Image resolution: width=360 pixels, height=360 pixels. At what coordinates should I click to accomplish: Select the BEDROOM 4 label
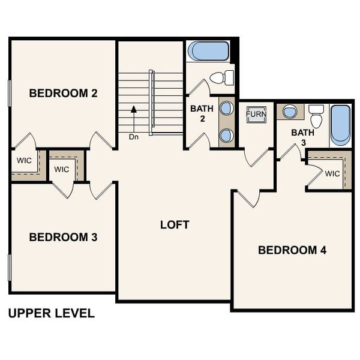292,250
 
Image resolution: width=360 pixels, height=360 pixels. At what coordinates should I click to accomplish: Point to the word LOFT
175,225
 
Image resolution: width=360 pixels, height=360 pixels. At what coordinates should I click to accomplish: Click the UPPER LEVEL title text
51,313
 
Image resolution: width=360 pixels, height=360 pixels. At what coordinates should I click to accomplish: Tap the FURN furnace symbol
256,114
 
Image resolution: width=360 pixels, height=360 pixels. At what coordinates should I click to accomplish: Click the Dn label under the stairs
133,137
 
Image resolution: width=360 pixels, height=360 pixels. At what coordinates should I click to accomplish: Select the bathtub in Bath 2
208,51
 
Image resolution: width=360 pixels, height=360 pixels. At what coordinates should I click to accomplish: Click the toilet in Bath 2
223,77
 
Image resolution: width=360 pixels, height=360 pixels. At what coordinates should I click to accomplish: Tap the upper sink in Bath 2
227,109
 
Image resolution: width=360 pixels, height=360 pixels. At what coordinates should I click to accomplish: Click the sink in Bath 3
290,112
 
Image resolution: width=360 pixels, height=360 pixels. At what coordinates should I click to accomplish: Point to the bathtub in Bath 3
340,125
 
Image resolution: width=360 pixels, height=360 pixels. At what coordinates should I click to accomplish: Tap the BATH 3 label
301,137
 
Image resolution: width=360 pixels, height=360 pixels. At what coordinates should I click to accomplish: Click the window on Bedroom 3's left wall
10,268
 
